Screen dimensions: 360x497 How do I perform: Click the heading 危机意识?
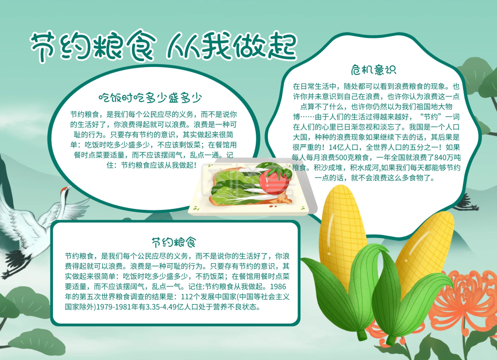(x=373, y=69)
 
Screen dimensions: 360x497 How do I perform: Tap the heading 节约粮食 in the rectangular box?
(x=173, y=241)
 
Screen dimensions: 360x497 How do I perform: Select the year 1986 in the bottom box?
(x=282, y=286)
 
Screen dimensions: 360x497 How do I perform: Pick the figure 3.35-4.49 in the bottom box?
(x=173, y=307)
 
